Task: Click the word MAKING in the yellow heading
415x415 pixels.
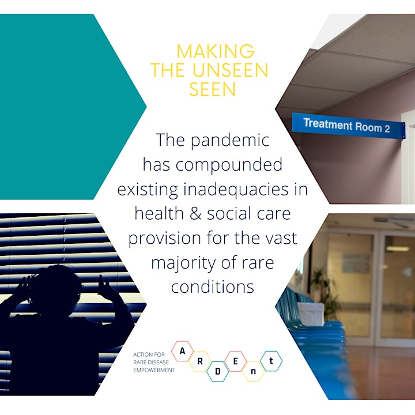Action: [x=216, y=51]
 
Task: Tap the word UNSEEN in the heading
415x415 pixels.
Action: [x=230, y=70]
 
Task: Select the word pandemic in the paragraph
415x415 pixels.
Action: [x=230, y=141]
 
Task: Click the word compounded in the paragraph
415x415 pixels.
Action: [x=229, y=165]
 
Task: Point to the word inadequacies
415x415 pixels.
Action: [x=236, y=190]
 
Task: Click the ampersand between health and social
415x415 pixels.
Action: [x=195, y=214]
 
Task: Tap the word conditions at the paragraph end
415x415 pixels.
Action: [x=213, y=287]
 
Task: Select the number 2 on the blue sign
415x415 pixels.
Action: [x=387, y=129]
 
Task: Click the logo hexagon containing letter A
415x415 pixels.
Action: [x=182, y=351]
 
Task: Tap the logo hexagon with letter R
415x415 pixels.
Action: [x=200, y=361]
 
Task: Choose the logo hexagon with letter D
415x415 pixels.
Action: [x=217, y=372]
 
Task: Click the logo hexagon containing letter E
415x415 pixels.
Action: [x=235, y=361]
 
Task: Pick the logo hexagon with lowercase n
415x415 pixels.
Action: [x=253, y=371]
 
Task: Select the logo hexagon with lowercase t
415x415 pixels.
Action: [x=271, y=361]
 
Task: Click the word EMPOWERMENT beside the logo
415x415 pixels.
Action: [x=154, y=370]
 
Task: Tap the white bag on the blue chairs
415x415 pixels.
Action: [x=311, y=314]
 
